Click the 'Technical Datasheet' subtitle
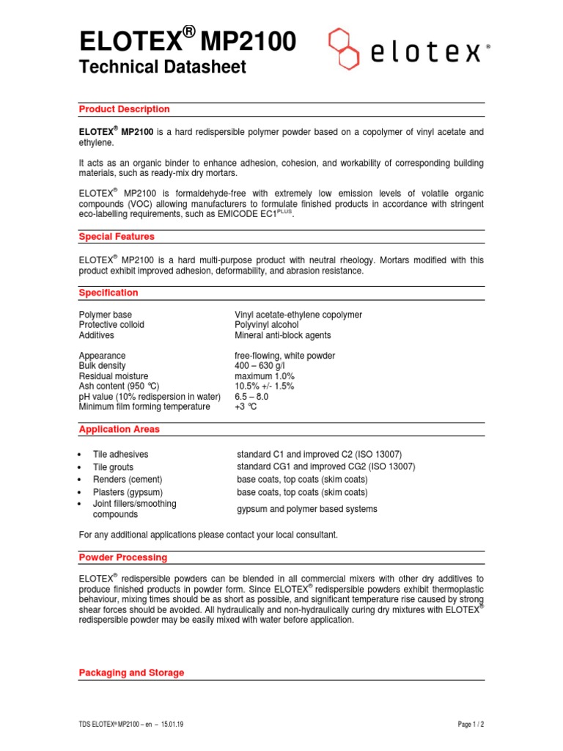click(x=162, y=67)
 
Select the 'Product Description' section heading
click(x=124, y=109)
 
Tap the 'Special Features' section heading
click(x=117, y=237)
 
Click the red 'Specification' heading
click(x=108, y=293)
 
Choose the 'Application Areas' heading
click(x=119, y=429)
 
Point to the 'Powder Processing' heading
click(x=122, y=557)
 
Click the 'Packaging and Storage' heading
click(x=131, y=673)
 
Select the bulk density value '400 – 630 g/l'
click(x=263, y=366)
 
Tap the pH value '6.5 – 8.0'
click(x=251, y=397)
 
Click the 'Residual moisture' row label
click(x=113, y=376)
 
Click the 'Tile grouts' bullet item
click(x=113, y=467)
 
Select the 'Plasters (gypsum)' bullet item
click(x=128, y=492)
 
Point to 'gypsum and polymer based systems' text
click(x=306, y=509)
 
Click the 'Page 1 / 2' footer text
click(x=471, y=725)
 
